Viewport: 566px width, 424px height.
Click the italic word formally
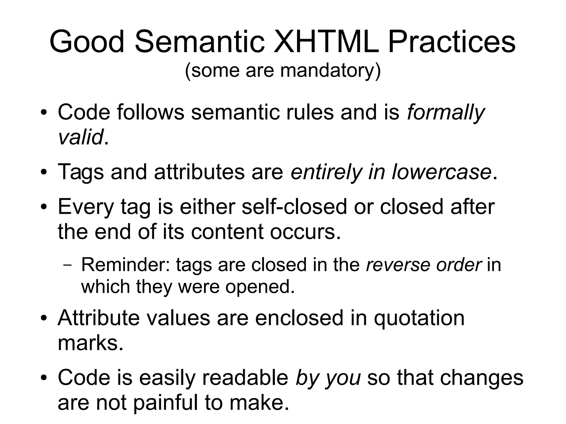pos(446,113)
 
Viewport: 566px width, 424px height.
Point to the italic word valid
pos(80,137)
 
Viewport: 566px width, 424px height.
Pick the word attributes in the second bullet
pos(199,172)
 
